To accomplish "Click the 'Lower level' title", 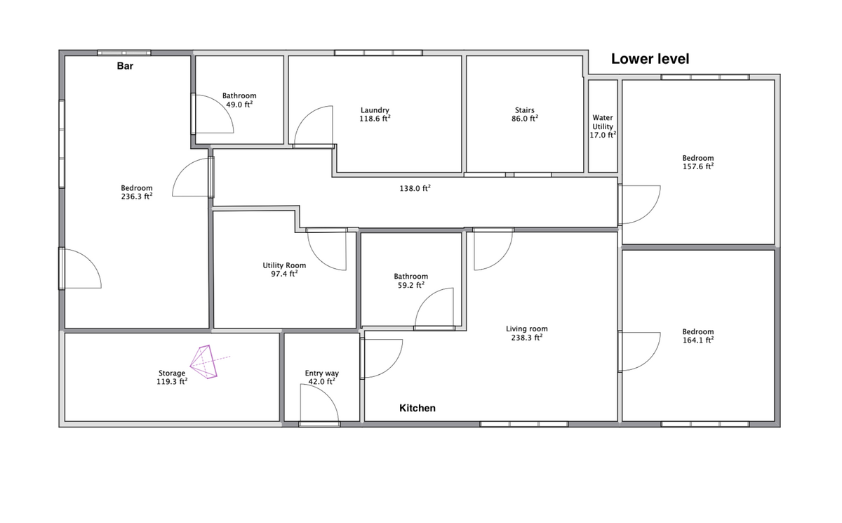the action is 650,59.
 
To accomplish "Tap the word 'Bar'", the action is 125,66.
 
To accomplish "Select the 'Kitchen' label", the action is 417,408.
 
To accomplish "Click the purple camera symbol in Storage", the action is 205,362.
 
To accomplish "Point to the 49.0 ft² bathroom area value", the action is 239,105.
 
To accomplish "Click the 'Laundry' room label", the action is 375,110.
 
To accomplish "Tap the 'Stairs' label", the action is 524,110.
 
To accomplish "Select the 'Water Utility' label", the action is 603,122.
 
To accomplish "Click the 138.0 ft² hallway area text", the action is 415,188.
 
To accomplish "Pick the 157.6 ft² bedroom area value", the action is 698,166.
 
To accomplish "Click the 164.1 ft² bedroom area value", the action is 698,340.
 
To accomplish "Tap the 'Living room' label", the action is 527,329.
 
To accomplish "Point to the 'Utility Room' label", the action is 284,265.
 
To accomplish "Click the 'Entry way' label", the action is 322,373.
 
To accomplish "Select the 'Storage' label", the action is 172,373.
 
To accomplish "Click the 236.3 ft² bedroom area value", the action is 136,197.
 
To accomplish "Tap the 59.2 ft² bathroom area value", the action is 411,286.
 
